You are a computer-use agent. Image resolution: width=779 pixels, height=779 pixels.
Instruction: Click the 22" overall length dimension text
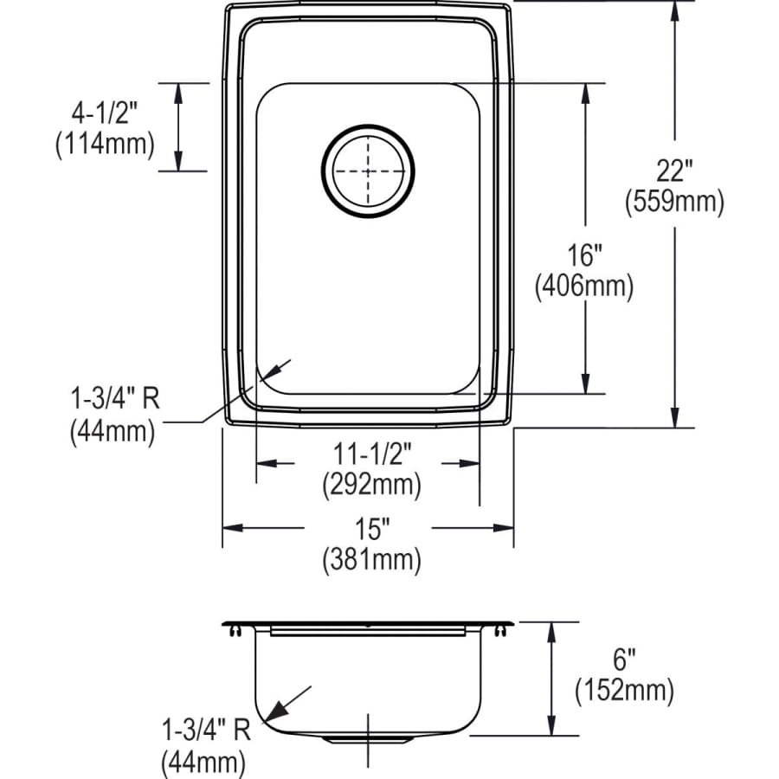pyautogui.click(x=673, y=171)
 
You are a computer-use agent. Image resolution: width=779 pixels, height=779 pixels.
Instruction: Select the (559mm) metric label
pyautogui.click(x=673, y=203)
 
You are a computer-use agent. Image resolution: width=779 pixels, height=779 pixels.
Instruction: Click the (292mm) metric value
pyautogui.click(x=371, y=485)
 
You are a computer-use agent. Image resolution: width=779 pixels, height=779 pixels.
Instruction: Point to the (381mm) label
pyautogui.click(x=371, y=560)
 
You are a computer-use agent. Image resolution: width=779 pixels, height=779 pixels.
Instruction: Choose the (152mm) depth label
pyautogui.click(x=623, y=691)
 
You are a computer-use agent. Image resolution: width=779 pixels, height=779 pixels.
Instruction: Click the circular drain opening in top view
pyautogui.click(x=367, y=171)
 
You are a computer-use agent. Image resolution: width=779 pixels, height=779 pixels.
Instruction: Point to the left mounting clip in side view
pyautogui.click(x=235, y=633)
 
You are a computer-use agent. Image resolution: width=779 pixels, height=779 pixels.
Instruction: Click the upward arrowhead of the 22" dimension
pyautogui.click(x=674, y=8)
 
